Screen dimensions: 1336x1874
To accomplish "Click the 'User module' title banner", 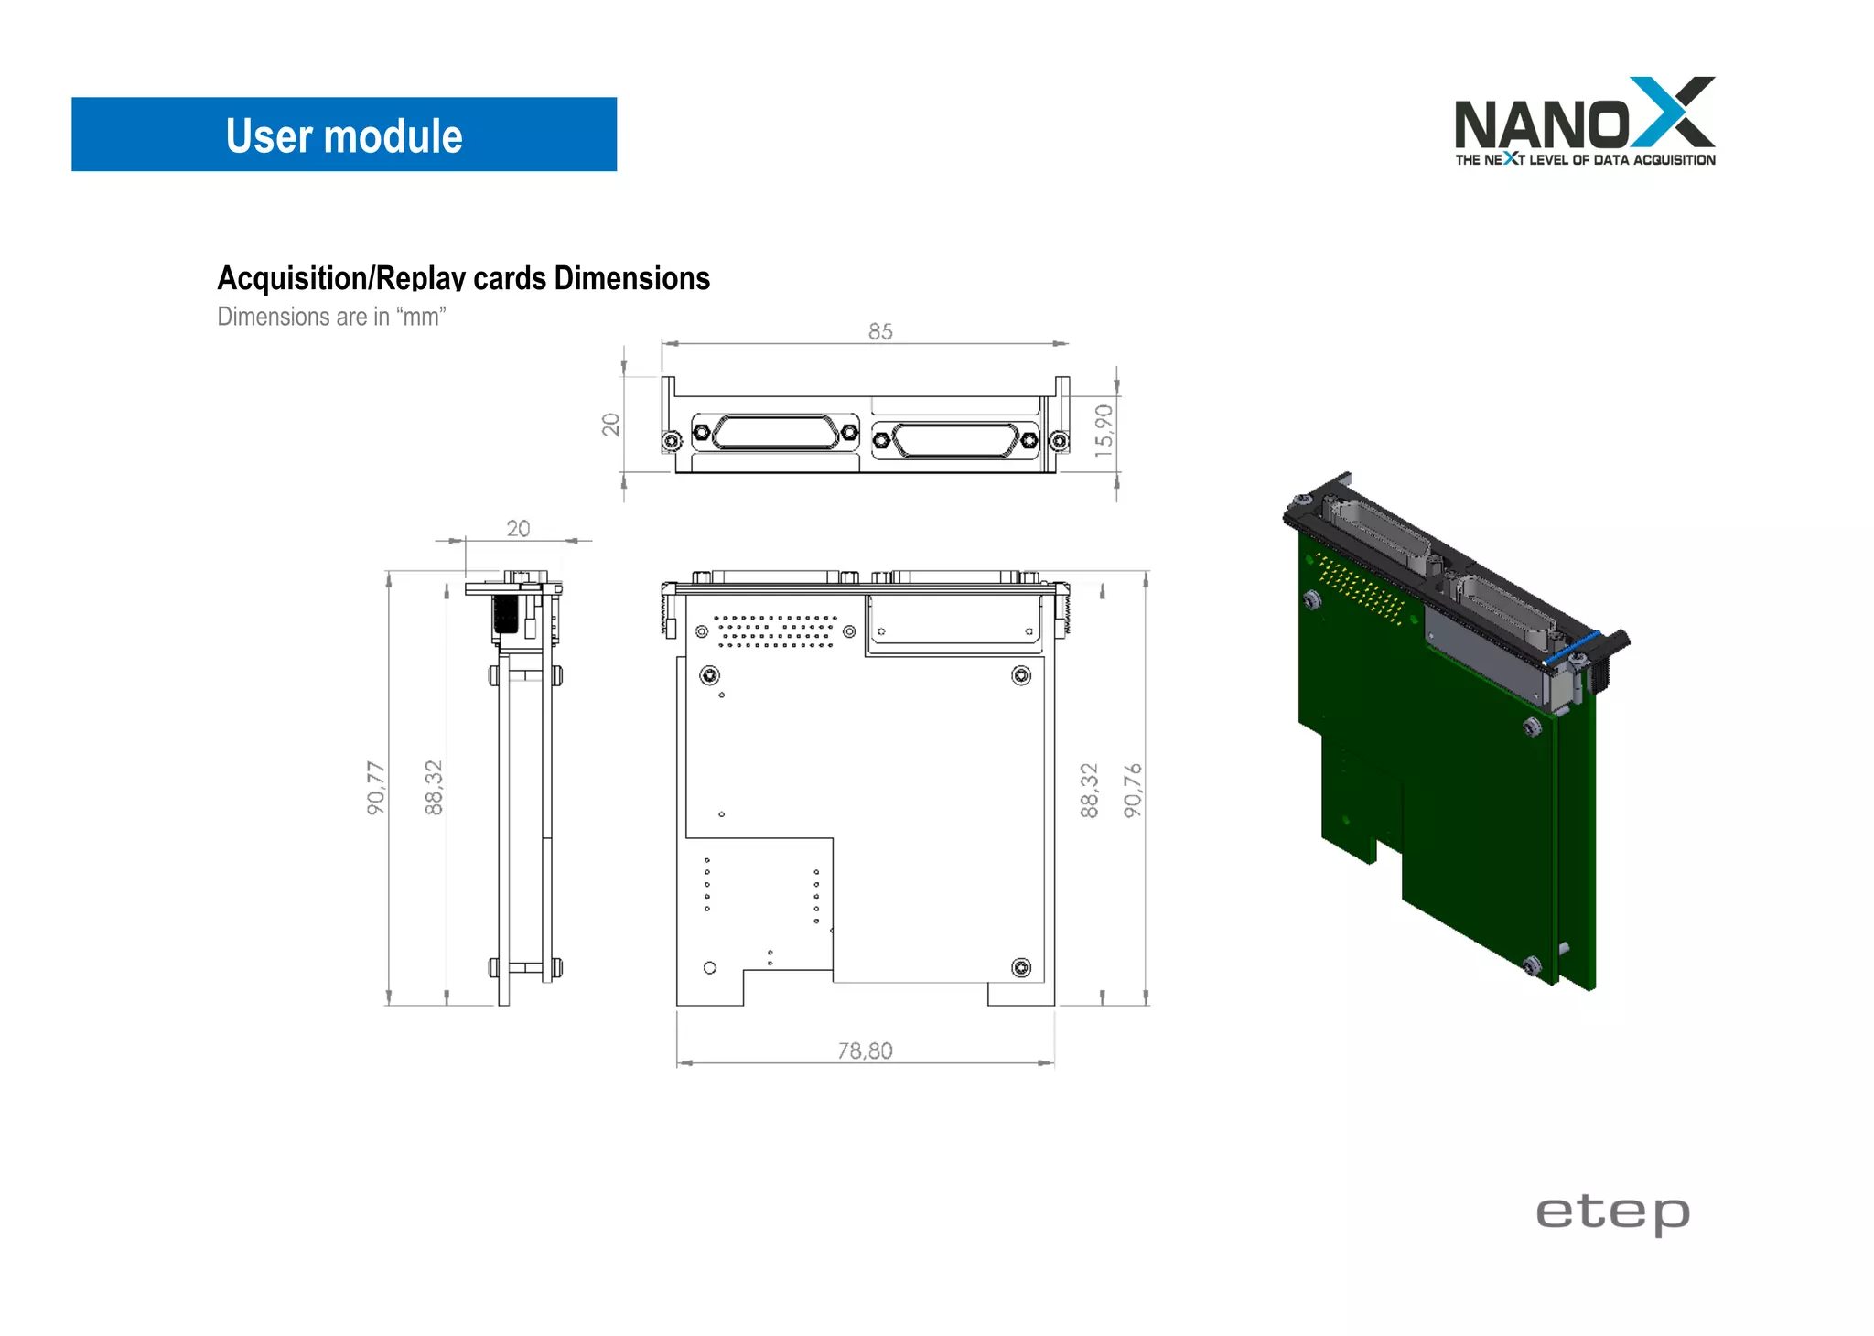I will (344, 135).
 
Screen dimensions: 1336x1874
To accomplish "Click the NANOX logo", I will (1584, 122).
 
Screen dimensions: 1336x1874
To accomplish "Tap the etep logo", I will (1612, 1213).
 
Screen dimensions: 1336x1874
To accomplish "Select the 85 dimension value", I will (880, 331).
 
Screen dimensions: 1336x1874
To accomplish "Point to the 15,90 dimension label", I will (1104, 430).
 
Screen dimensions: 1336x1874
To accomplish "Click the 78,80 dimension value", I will (865, 1050).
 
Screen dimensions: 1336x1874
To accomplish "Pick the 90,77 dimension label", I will (376, 787).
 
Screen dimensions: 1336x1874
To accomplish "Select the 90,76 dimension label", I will (1133, 790).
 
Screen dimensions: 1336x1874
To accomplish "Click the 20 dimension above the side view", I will (518, 529).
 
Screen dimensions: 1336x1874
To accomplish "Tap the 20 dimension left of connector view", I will (611, 425).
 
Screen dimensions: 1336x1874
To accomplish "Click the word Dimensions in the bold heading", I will (631, 278).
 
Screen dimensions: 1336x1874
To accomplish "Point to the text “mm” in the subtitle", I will (421, 317).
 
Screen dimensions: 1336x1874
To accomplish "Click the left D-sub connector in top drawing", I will (775, 433).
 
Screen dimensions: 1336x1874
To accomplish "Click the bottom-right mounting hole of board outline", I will (1021, 967).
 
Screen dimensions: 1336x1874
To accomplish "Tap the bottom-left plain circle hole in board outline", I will (710, 967).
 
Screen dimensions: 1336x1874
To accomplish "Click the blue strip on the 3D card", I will (1571, 647).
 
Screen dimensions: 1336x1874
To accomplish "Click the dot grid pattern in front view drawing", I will (775, 631).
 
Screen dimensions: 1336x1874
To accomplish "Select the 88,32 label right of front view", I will (1089, 790).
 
